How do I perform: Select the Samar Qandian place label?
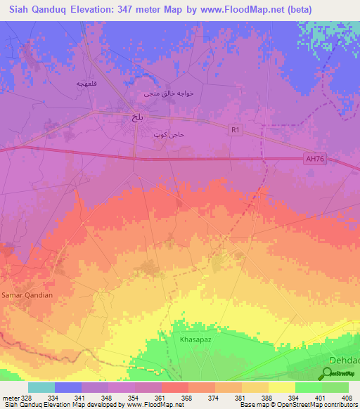click(27, 295)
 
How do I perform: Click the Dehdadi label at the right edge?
click(345, 360)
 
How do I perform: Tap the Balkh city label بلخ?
click(137, 119)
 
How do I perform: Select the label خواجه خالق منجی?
click(168, 93)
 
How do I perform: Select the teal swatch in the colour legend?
click(41, 387)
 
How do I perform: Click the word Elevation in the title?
click(96, 11)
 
